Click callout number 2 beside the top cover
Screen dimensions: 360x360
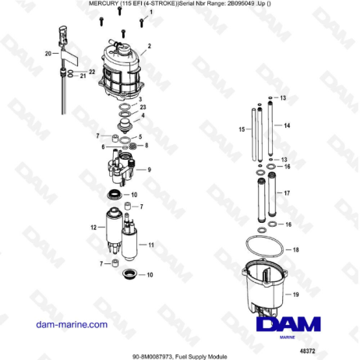click(149, 46)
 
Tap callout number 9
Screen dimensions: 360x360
click(149, 168)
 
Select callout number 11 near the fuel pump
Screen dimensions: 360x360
click(151, 245)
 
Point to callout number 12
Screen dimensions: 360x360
click(93, 228)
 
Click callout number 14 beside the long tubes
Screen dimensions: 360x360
click(287, 125)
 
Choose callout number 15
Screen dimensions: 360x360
click(242, 129)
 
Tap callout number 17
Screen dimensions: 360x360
click(287, 192)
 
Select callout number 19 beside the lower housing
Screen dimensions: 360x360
click(295, 294)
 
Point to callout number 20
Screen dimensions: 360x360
click(48, 54)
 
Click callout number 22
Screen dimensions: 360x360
click(92, 72)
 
